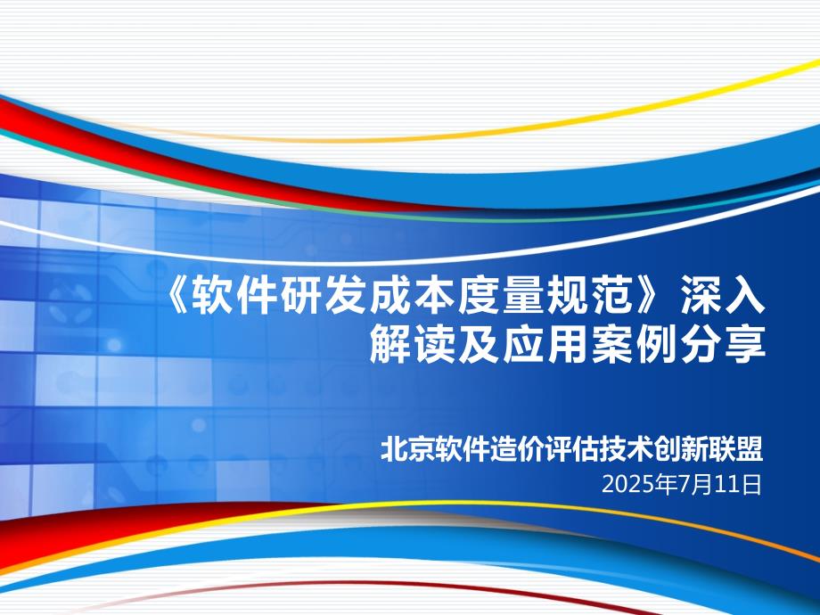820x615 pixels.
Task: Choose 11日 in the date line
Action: (x=738, y=485)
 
